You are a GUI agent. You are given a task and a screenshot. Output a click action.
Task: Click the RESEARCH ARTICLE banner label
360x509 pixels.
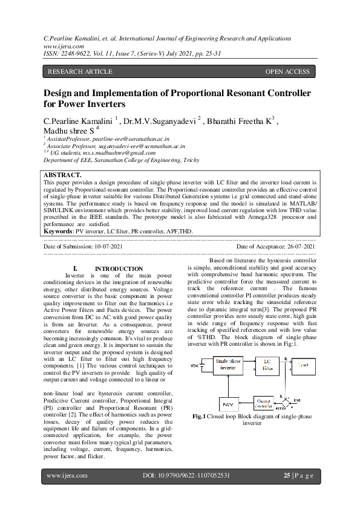[x=80, y=71]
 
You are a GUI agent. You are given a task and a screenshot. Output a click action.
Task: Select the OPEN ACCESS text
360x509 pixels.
[x=287, y=71]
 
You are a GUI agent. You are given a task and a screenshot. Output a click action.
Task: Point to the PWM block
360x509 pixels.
[x=227, y=403]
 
